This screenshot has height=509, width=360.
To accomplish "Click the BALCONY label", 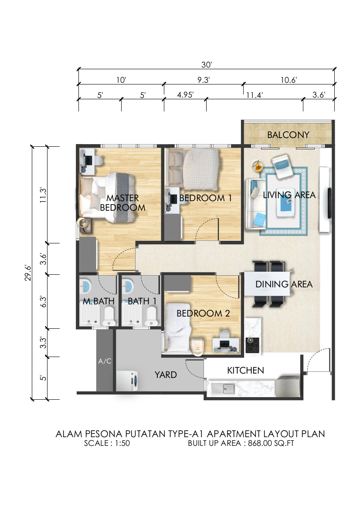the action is click(x=288, y=135).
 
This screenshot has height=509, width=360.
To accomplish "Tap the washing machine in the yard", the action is click(x=127, y=381).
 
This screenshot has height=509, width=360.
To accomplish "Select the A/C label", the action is click(x=105, y=361).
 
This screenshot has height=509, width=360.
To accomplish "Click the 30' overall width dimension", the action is click(x=206, y=64).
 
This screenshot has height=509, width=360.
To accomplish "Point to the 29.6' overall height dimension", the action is click(x=28, y=273).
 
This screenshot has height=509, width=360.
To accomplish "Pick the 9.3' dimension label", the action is click(x=204, y=80).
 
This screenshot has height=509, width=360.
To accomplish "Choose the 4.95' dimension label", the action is click(x=185, y=95).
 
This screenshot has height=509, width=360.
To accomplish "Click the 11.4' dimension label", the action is click(x=255, y=95).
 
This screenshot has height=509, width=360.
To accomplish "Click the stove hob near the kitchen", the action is click(x=252, y=345).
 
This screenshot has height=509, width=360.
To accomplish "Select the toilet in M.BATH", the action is click(x=109, y=316).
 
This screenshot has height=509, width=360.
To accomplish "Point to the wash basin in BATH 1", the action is click(x=128, y=286).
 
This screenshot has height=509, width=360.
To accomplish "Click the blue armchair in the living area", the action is click(x=282, y=166).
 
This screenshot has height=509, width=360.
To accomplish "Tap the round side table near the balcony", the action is click(x=257, y=165).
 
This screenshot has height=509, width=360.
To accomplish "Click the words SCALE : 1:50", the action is click(x=107, y=443).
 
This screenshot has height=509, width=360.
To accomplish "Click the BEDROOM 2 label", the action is click(x=203, y=313).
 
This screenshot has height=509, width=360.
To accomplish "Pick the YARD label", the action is click(x=166, y=375).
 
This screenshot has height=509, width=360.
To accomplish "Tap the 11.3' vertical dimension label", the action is click(x=43, y=195).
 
